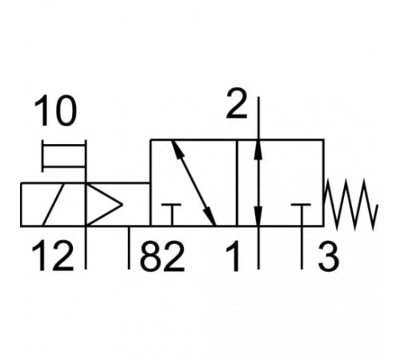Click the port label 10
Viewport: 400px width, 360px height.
coord(55,110)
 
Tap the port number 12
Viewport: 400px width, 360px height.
coord(52,255)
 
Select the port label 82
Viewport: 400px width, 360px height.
coord(162,256)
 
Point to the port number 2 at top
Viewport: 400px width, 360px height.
coord(237,103)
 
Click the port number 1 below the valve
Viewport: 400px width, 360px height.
coord(233,256)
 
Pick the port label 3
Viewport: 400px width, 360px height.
coord(329,256)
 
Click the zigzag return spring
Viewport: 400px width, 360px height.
coord(350,204)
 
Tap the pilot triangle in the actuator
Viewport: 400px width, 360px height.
coord(104,205)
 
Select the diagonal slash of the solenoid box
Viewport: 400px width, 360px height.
coord(54,205)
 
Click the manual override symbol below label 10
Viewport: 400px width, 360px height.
coord(64,156)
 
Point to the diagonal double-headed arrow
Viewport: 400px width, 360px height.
coord(194,183)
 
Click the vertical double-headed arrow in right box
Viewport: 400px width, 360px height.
coord(258,183)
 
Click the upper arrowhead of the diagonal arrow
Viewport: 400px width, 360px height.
coord(177,150)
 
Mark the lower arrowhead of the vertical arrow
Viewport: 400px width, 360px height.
coord(258,215)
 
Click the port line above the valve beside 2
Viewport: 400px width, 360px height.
coord(258,118)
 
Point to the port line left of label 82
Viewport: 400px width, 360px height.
coord(129,248)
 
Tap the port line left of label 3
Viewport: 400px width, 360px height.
coord(302,248)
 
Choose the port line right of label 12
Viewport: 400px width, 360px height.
coord(86,248)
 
